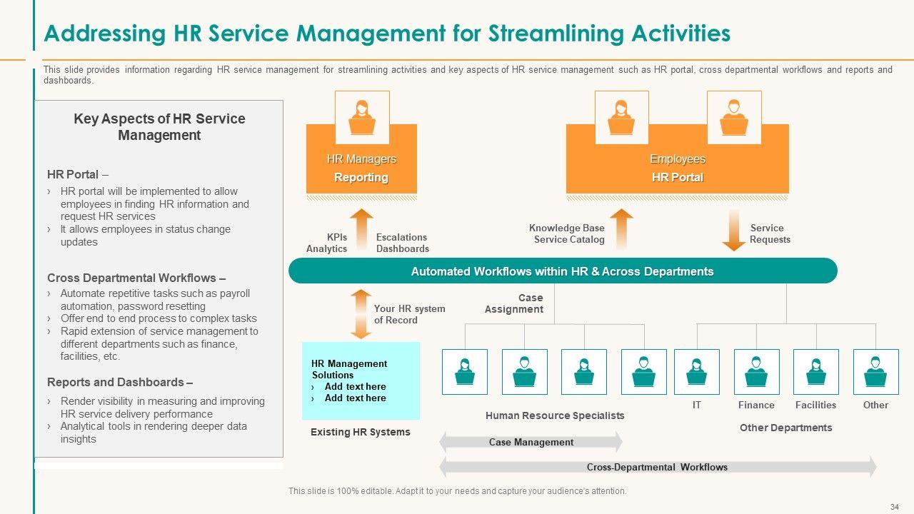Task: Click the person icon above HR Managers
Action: coord(362,118)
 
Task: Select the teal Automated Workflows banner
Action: coord(563,271)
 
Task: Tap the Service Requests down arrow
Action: coord(733,231)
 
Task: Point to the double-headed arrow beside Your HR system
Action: coord(361,314)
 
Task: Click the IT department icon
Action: coord(696,372)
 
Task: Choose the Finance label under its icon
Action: coord(756,405)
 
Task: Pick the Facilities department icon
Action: coord(816,372)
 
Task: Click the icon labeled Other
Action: coord(875,372)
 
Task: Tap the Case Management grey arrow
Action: coord(531,442)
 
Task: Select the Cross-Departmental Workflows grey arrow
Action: coord(658,467)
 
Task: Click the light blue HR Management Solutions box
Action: coord(361,381)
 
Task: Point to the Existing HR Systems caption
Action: coord(361,432)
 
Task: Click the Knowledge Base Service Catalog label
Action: coord(567,233)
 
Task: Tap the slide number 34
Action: coord(895,507)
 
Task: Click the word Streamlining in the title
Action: coord(556,34)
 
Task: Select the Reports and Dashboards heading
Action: coord(120,382)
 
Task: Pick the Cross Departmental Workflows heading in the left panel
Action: coord(136,278)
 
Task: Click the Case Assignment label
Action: coord(513,303)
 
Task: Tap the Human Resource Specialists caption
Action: coord(555,415)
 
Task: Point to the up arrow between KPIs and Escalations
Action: coord(361,229)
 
